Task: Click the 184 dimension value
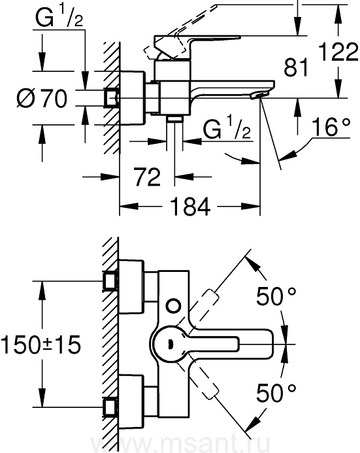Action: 189,207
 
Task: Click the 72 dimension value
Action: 147,176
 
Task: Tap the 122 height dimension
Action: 338,52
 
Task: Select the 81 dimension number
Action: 296,67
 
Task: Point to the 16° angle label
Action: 331,127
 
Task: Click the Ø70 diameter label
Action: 42,99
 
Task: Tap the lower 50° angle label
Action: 276,393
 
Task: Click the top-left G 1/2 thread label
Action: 59,18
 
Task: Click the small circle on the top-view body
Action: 174,306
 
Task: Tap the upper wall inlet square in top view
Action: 110,281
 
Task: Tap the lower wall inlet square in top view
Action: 110,407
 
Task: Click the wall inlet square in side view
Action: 111,97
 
